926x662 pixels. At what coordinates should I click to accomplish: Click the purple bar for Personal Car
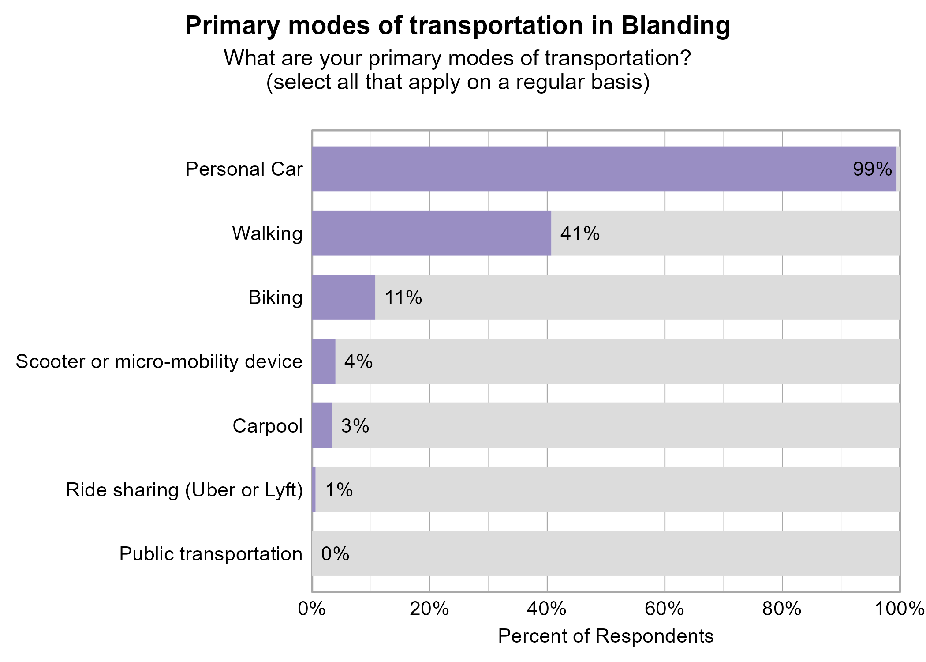[x=604, y=169]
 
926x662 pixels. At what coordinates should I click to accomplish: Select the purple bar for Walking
[x=431, y=233]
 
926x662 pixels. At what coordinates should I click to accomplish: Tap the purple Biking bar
[x=344, y=297]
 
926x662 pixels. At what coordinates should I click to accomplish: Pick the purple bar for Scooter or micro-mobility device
[x=324, y=361]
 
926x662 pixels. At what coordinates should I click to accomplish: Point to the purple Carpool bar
[x=322, y=425]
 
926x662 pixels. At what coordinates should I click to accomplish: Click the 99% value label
[x=872, y=169]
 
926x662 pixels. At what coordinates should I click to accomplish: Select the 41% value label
[x=579, y=233]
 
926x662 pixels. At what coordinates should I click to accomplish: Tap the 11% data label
[x=403, y=297]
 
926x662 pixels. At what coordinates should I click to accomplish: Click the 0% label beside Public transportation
[x=335, y=553]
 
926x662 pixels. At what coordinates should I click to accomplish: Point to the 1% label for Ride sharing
[x=339, y=489]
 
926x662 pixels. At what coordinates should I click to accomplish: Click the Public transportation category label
[x=211, y=554]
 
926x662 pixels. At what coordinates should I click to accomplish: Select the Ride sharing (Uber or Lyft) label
[x=184, y=490]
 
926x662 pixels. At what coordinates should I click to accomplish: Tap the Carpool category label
[x=267, y=426]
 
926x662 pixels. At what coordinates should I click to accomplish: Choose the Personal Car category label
[x=244, y=169]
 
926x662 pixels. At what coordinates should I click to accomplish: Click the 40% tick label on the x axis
[x=547, y=609]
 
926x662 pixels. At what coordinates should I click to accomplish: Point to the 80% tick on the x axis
[x=782, y=609]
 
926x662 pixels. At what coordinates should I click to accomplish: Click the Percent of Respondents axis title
[x=605, y=636]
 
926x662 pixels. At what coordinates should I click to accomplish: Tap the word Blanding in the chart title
[x=676, y=25]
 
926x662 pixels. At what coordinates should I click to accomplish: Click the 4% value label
[x=358, y=361]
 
